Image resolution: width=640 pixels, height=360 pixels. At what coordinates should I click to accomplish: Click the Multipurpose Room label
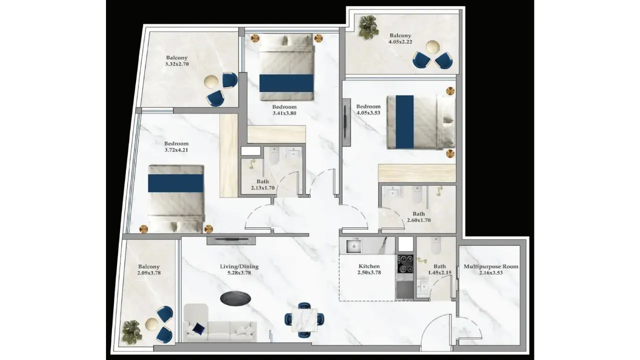[491, 269]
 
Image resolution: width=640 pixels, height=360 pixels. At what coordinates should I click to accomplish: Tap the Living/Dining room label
[239, 269]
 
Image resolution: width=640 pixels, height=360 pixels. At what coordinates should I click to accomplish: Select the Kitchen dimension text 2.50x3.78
[369, 272]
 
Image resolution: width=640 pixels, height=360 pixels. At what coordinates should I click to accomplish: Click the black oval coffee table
[235, 298]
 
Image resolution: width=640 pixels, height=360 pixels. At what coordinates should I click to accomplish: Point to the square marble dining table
[304, 320]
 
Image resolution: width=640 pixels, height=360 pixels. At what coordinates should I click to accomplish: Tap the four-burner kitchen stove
[405, 264]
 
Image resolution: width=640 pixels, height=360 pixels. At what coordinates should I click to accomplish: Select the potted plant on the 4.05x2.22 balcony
[368, 27]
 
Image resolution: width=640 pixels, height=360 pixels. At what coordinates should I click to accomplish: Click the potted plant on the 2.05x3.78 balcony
[131, 331]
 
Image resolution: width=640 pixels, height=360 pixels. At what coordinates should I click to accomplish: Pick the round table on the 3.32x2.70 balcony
[211, 81]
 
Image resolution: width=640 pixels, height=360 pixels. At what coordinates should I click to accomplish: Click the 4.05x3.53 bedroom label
[368, 109]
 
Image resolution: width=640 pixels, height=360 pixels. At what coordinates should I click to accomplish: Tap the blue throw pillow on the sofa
[198, 328]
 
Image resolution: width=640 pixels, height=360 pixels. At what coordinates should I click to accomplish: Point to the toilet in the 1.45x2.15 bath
[436, 245]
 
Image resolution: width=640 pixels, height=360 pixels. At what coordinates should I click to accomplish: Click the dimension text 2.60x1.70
[418, 220]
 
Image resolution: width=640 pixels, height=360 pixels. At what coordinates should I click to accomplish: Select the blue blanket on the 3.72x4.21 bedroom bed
[175, 183]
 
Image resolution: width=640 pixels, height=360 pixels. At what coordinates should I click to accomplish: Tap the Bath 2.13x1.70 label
[262, 184]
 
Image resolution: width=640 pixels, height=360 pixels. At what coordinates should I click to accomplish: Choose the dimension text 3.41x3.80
[284, 113]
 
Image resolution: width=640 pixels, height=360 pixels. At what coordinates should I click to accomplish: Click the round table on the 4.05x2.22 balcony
[433, 47]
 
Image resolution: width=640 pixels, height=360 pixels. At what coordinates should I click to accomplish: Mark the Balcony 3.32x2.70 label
[177, 61]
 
